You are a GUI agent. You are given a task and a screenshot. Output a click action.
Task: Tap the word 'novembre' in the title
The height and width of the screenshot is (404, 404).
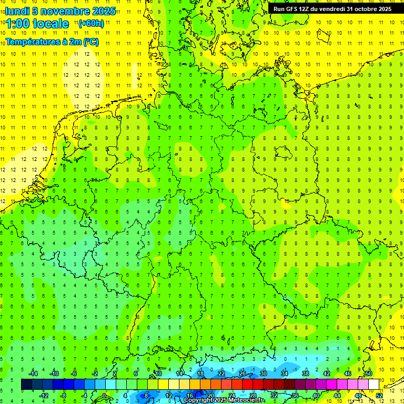pyautogui.click(x=65, y=10)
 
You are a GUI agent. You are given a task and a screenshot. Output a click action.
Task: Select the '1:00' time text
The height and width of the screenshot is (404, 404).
pyautogui.click(x=18, y=24)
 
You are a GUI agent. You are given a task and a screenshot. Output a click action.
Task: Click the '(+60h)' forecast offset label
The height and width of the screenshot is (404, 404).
pyautogui.click(x=91, y=23)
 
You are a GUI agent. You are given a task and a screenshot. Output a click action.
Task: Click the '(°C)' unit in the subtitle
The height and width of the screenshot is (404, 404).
pyautogui.click(x=90, y=41)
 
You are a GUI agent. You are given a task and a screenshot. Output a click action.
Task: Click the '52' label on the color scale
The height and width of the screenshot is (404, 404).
pyautogui.click(x=379, y=396)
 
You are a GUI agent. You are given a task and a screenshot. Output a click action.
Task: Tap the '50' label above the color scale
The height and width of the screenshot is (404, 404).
pyautogui.click(x=368, y=373)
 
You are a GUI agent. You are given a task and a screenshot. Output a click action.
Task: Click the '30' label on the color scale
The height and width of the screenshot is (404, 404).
pyautogui.click(x=263, y=373)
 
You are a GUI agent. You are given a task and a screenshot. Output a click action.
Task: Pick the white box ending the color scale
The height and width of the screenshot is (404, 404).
pyautogui.click(x=373, y=385)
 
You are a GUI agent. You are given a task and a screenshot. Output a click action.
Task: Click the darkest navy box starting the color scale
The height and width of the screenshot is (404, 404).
pyautogui.click(x=26, y=385)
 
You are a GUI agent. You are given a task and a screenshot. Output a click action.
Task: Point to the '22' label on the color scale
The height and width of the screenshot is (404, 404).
pyautogui.click(x=221, y=373)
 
